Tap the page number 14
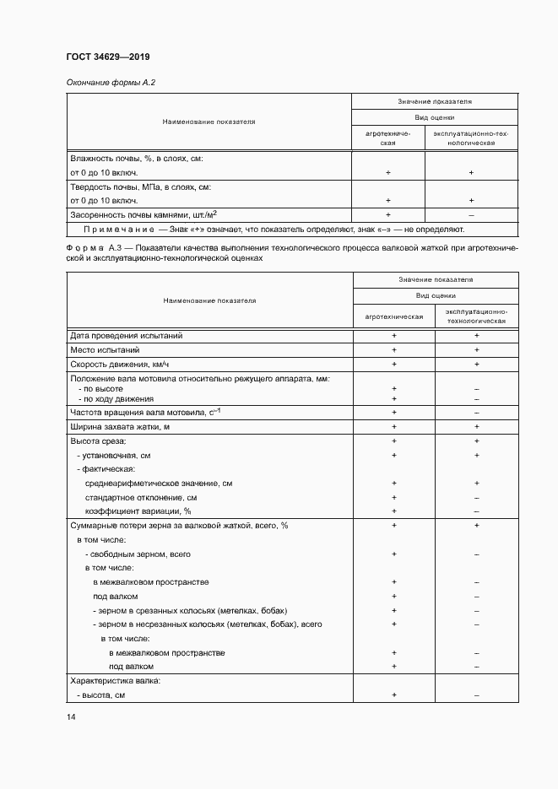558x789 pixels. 71,717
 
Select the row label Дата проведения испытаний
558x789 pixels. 126,336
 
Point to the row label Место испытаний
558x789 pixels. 105,349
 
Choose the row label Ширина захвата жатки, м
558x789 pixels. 120,426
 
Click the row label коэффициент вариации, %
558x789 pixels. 138,511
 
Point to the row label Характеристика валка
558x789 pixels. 115,680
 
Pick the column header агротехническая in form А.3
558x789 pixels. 393,316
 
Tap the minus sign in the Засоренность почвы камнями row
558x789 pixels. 471,214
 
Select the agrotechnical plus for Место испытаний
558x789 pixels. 393,349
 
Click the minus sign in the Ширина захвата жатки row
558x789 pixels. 477,426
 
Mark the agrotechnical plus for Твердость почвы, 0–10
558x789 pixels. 388,201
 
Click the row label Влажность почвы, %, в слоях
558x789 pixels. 136,159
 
